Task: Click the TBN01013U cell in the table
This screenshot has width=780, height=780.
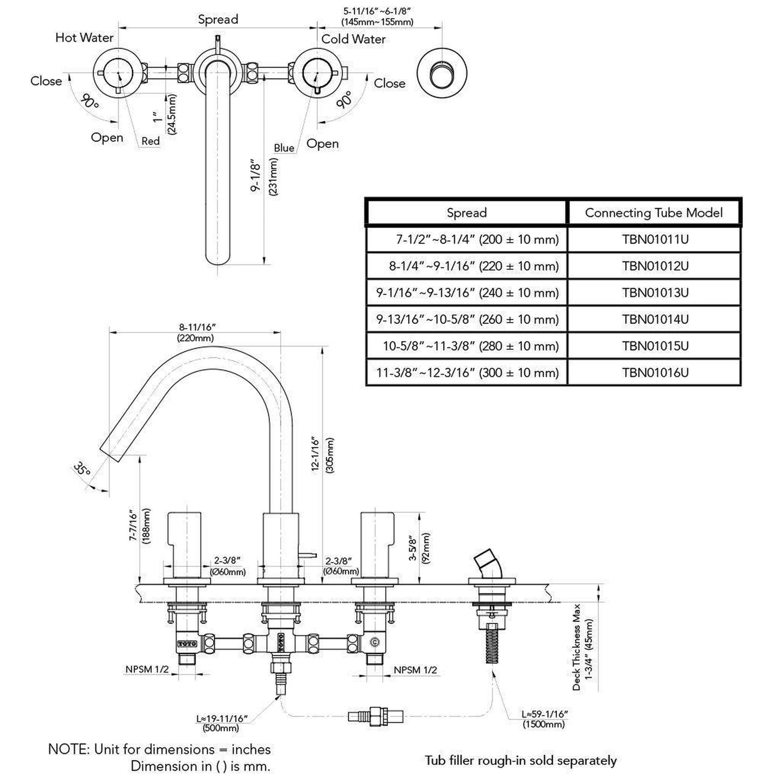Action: pos(655,293)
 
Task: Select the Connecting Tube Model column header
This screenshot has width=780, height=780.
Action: pos(654,213)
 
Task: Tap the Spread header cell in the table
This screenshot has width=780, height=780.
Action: pos(466,213)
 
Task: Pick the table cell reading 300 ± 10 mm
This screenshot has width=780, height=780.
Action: pos(467,372)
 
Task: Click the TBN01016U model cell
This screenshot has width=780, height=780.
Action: pos(655,372)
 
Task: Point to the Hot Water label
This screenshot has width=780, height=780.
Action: pos(84,38)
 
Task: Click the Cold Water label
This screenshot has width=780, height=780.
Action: pos(354,39)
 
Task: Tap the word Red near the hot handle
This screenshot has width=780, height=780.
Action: pos(151,141)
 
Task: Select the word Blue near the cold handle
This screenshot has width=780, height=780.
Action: pos(284,148)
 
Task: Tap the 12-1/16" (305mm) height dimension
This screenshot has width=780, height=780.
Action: pos(323,455)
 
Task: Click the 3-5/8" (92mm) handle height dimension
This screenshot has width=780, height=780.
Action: pos(419,556)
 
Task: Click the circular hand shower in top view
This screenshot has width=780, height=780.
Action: pos(442,74)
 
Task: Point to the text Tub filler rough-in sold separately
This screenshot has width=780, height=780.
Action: pos(520,761)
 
